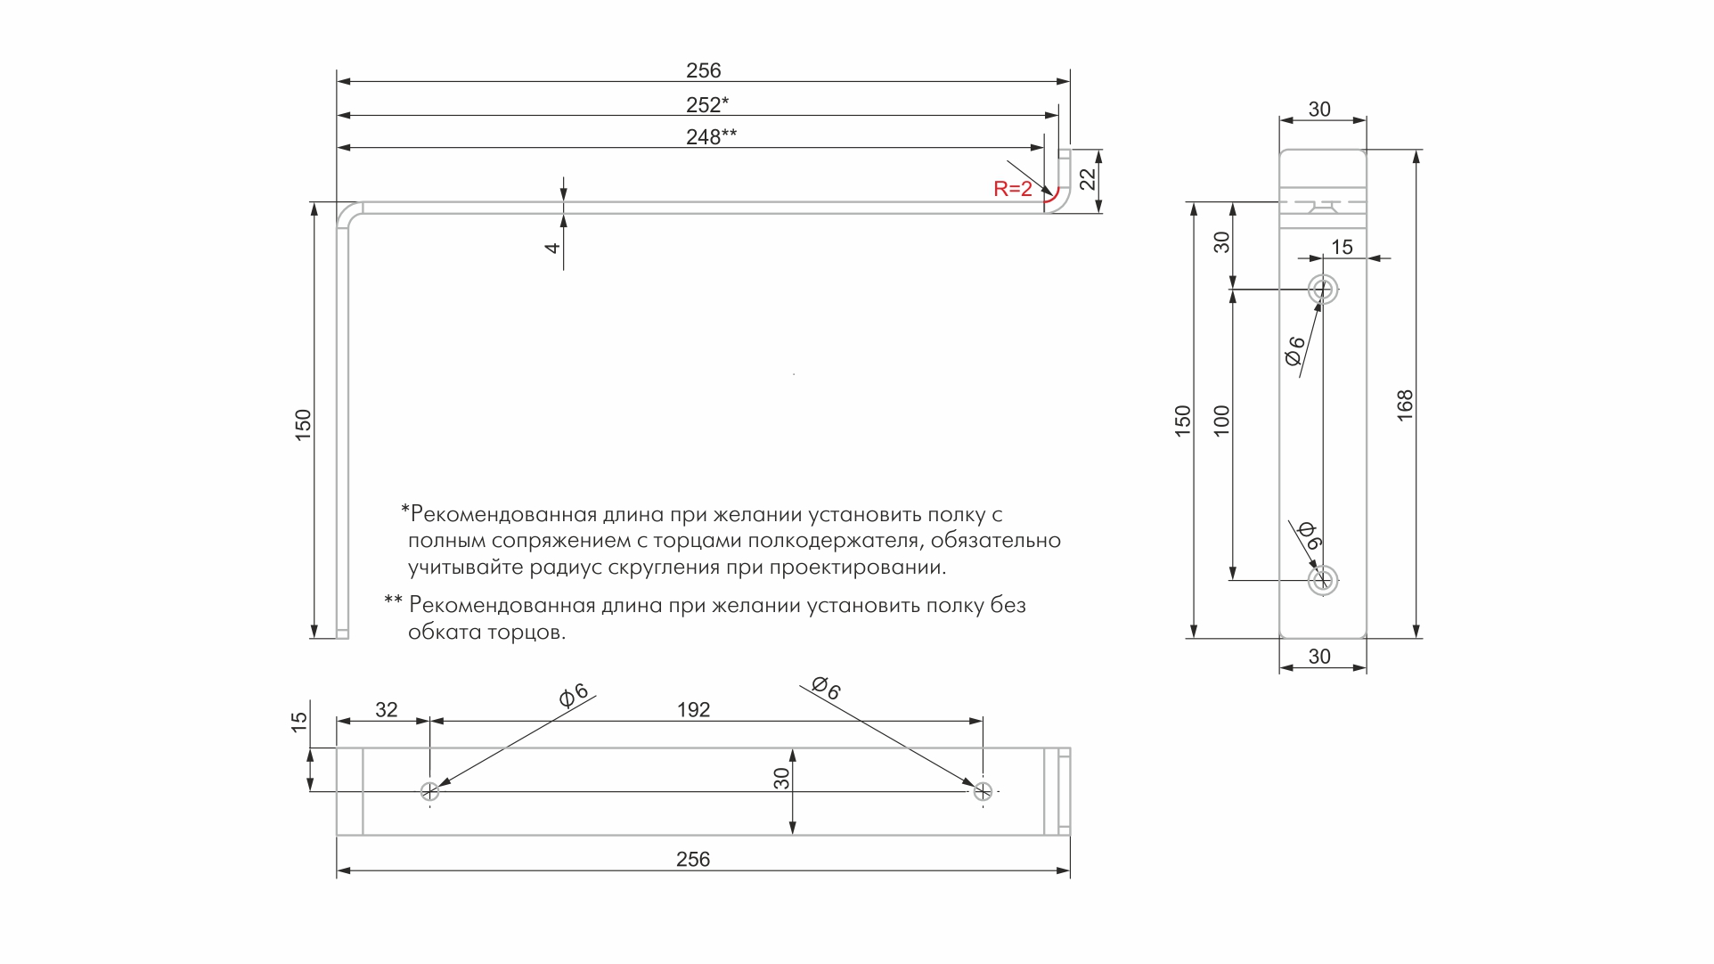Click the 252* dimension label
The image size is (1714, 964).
point(707,105)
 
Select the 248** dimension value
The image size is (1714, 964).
point(712,137)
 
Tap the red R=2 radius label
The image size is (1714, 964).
point(1013,189)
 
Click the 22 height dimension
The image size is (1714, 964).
point(1088,180)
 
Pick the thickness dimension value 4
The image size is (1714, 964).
point(552,248)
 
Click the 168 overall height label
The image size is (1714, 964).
point(1405,405)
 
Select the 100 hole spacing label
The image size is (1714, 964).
point(1221,421)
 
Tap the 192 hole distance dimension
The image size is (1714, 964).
point(694,710)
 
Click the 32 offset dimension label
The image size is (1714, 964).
point(387,710)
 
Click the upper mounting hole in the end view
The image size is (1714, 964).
point(1323,290)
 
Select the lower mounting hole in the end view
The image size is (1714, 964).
point(1323,581)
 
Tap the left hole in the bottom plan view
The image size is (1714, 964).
point(429,791)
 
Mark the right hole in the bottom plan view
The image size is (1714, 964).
point(983,791)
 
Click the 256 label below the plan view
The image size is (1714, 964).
point(693,860)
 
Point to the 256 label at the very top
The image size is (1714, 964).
point(704,71)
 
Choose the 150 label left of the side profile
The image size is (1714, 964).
point(304,424)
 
